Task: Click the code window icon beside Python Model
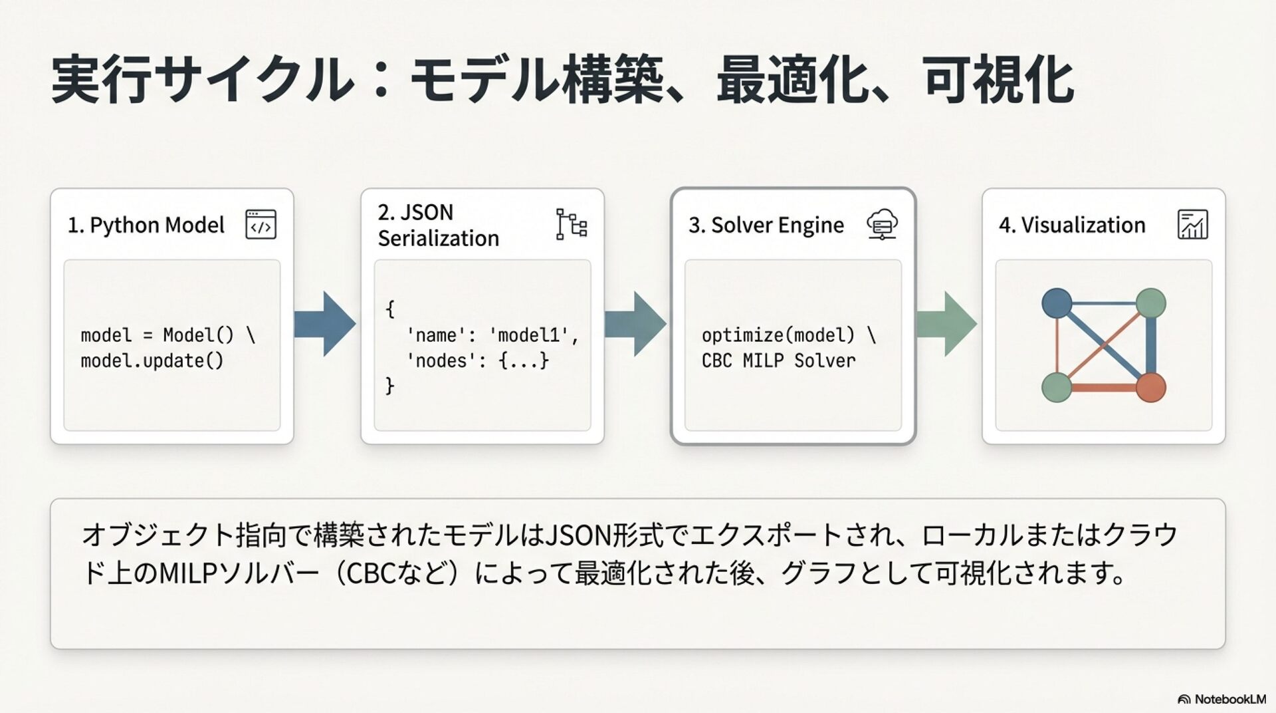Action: (x=261, y=224)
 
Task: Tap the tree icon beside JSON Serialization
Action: (x=571, y=224)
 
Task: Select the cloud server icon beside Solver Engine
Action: (x=882, y=224)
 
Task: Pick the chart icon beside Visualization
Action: (x=1192, y=224)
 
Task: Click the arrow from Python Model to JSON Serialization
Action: (x=324, y=324)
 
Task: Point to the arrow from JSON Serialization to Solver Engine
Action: (x=635, y=324)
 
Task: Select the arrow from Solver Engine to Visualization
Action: (x=946, y=324)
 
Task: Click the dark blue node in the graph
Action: (x=1057, y=303)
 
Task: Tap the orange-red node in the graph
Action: (x=1151, y=387)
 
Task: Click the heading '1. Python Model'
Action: (x=146, y=225)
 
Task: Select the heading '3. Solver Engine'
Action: (x=766, y=225)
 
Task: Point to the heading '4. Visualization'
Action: (x=1072, y=225)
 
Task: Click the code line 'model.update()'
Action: (x=152, y=361)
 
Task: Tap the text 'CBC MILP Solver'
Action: (x=778, y=361)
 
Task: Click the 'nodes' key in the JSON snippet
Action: (x=437, y=361)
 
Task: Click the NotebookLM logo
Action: (x=1222, y=699)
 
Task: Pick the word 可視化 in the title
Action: (x=998, y=80)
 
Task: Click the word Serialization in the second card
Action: (x=439, y=238)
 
